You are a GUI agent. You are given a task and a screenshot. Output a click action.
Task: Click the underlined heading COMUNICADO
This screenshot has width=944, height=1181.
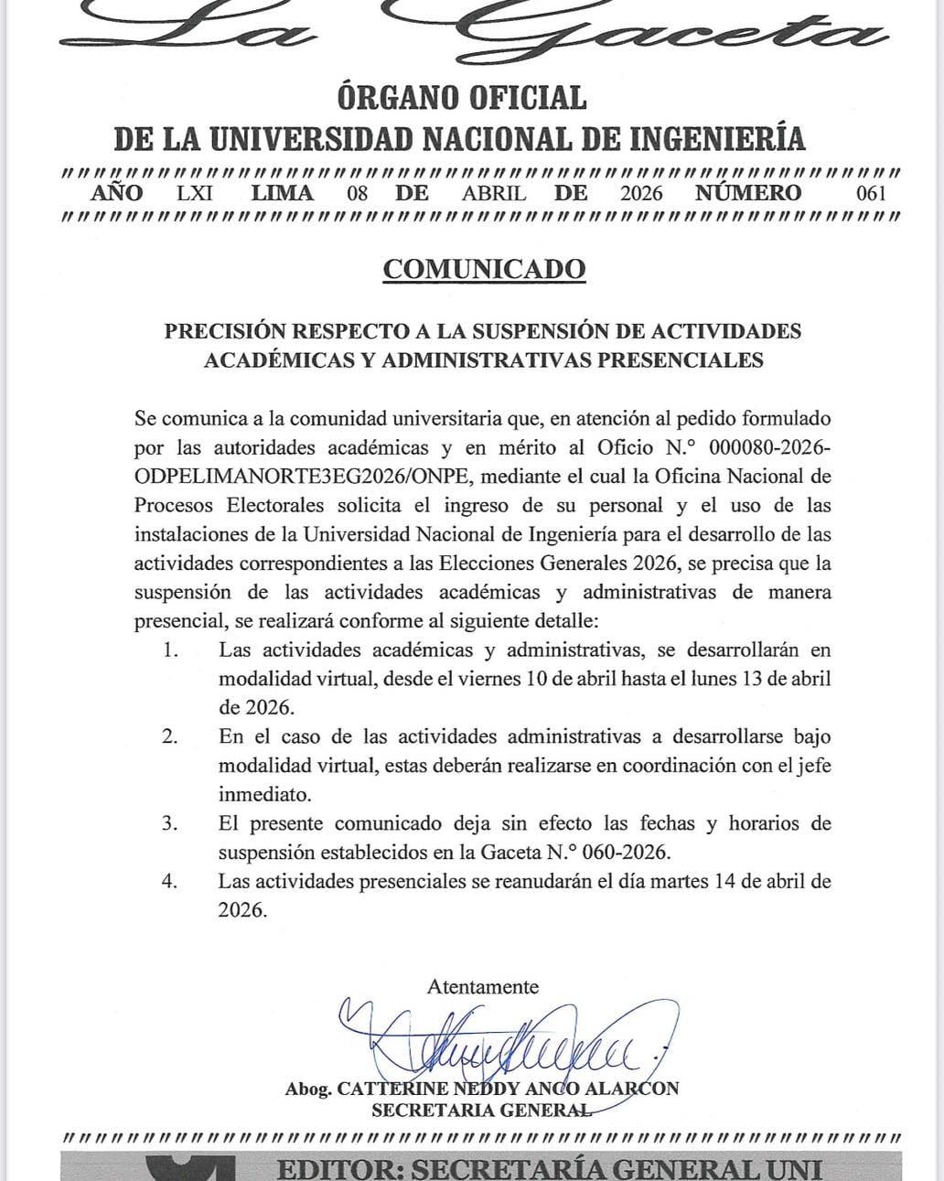click(x=484, y=269)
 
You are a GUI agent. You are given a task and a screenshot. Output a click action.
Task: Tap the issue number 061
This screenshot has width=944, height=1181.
click(x=871, y=193)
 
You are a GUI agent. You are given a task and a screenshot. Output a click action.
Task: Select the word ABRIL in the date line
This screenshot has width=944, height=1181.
click(x=494, y=193)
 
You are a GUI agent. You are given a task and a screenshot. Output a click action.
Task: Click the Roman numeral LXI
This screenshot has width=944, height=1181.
click(x=194, y=193)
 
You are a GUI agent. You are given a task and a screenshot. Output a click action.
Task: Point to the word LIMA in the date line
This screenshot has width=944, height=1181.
click(x=283, y=193)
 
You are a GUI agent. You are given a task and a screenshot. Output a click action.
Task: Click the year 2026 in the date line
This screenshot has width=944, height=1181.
click(x=641, y=193)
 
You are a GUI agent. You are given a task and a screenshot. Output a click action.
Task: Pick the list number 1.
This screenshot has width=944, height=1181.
click(x=168, y=650)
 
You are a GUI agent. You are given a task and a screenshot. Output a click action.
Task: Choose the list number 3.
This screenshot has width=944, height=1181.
click(x=169, y=823)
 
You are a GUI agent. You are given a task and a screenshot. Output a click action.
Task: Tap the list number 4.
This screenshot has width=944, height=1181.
click(x=169, y=882)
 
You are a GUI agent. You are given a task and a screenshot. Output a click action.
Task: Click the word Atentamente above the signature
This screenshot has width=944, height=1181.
click(x=482, y=987)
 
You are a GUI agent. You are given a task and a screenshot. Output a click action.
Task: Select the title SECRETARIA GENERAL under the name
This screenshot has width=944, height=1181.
click(x=481, y=1111)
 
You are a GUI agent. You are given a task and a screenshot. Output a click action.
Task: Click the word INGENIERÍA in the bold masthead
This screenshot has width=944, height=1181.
click(x=718, y=138)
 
